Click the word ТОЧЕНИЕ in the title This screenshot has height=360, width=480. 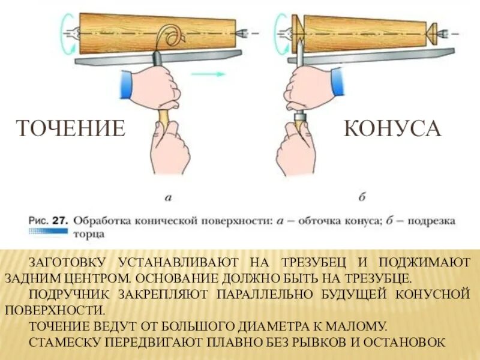(x=70, y=128)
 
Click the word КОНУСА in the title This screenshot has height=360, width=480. (x=393, y=128)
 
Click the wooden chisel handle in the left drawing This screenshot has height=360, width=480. (x=163, y=117)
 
